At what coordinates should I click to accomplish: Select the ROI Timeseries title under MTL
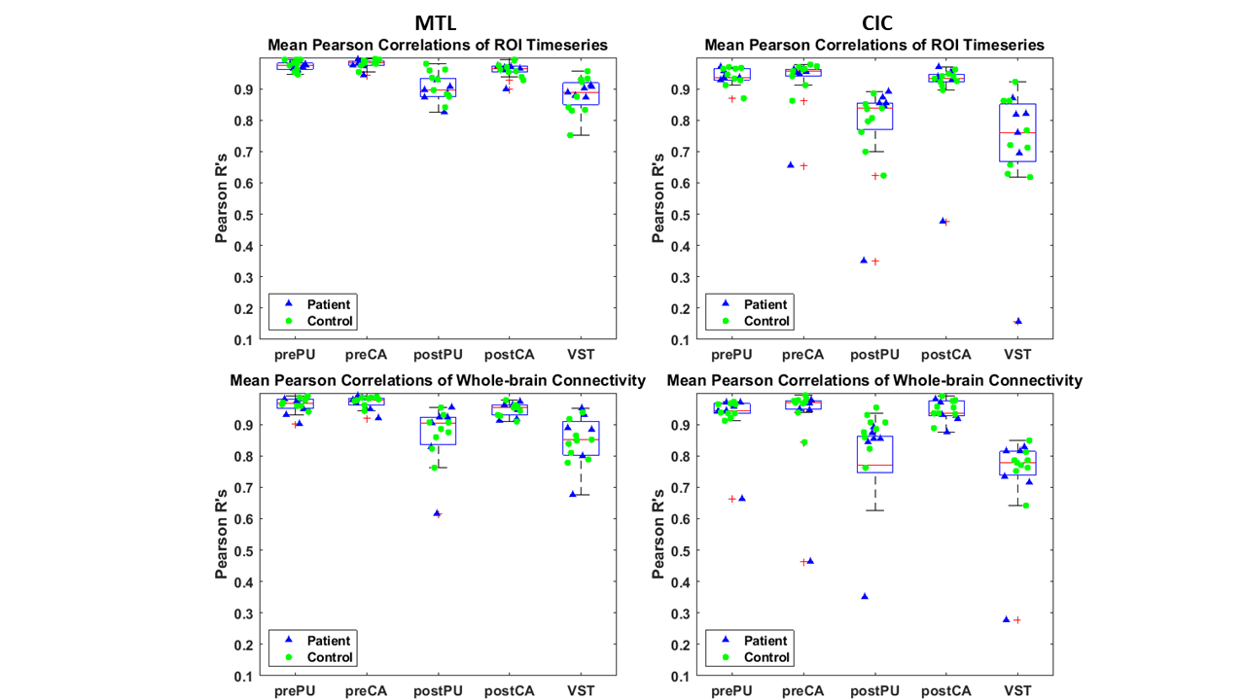[438, 45]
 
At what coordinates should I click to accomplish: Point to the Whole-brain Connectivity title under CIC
[874, 380]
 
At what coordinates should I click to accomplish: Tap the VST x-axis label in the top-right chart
[1016, 354]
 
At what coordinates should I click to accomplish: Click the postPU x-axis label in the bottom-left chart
[437, 690]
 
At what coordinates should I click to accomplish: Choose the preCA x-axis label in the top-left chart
[367, 354]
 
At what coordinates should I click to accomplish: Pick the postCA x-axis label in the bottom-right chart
[945, 690]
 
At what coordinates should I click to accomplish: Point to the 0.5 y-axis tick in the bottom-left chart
[247, 550]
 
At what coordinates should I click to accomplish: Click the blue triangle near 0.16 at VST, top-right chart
[1018, 321]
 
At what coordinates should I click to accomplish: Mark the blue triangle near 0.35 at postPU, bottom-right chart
[864, 596]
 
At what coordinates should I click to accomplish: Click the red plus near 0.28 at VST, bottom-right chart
[1017, 619]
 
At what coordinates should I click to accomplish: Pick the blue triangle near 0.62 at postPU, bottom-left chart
[437, 512]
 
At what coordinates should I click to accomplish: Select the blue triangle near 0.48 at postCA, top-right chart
[942, 221]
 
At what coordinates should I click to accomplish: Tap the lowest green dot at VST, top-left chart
[569, 135]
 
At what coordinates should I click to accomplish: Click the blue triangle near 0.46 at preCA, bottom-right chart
[809, 561]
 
